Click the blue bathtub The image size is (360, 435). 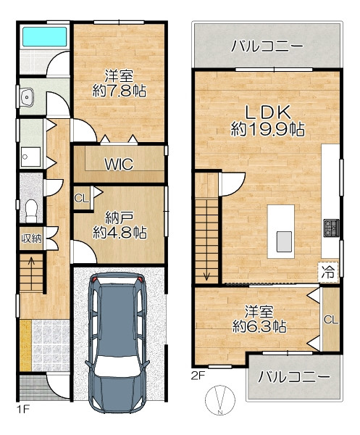tap(45, 37)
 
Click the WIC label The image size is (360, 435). tap(119, 165)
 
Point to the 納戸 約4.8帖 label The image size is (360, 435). tap(120, 225)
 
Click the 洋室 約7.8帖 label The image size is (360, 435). tap(120, 83)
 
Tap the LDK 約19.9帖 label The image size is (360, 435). tap(268, 120)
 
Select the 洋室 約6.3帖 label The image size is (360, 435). tap(259, 319)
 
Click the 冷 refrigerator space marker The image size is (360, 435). tap(328, 272)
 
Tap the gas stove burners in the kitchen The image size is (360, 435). tap(332, 228)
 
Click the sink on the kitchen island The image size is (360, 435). tap(284, 241)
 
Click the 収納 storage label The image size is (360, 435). tap(32, 238)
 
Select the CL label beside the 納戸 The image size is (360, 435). tap(81, 198)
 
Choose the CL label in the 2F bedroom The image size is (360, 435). tap(331, 320)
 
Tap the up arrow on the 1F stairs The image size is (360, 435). tap(31, 264)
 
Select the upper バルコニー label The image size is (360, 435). tap(267, 46)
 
